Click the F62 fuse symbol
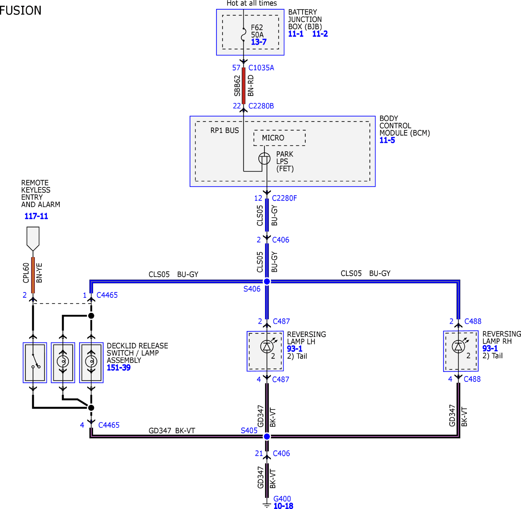(x=244, y=35)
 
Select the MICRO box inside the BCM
(x=279, y=138)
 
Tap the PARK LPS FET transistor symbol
(x=264, y=159)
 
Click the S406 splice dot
(x=267, y=281)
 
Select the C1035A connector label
(x=261, y=68)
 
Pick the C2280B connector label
(x=261, y=106)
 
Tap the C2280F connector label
(x=284, y=198)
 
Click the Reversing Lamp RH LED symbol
(x=458, y=346)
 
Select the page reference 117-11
(x=36, y=216)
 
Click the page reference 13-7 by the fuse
(x=259, y=42)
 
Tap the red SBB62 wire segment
(x=243, y=86)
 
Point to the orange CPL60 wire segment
(x=33, y=275)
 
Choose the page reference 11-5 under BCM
(x=387, y=140)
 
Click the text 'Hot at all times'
(x=252, y=3)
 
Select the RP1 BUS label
(x=225, y=131)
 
